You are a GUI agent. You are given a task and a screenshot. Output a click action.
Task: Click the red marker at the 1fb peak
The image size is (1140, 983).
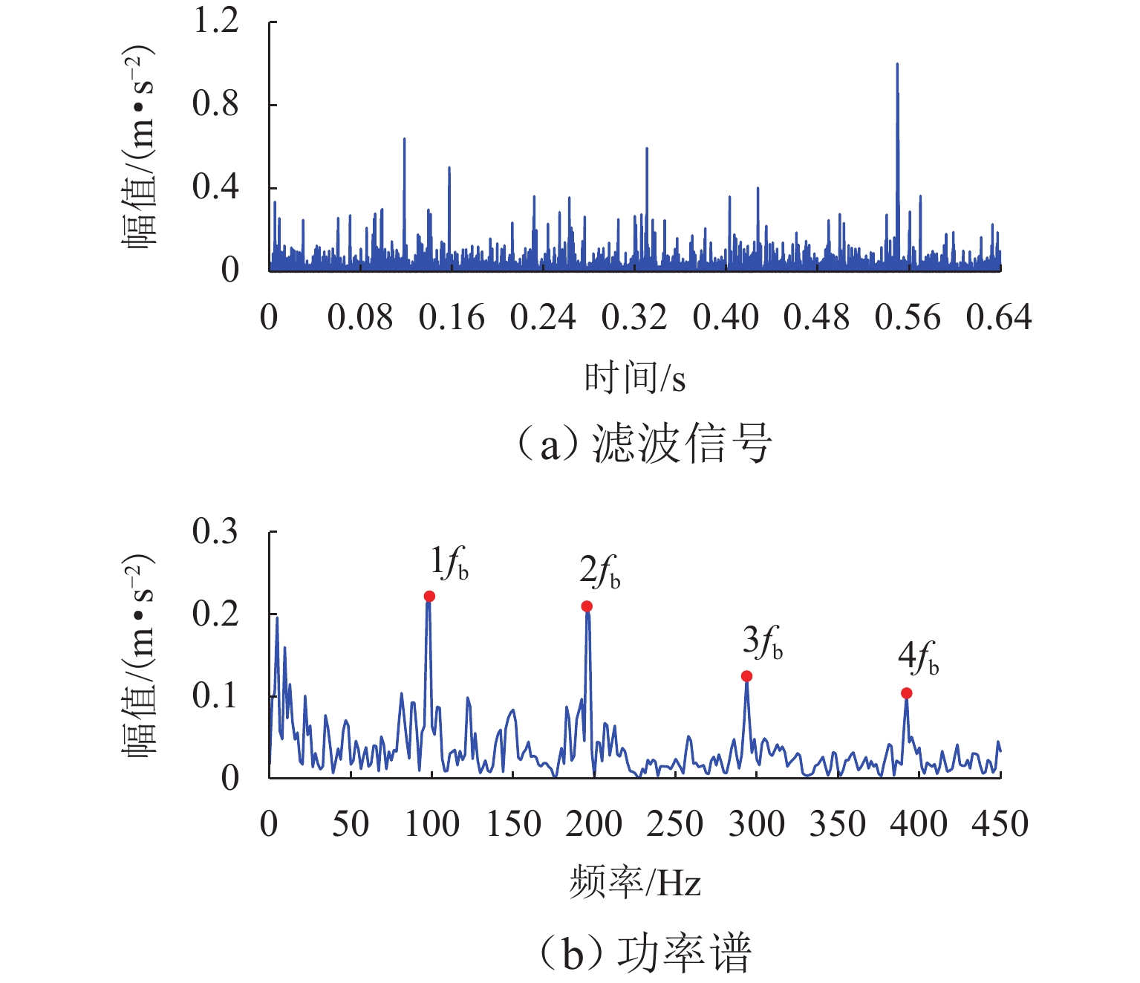click(429, 596)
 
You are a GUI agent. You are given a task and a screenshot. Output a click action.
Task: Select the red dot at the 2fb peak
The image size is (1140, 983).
click(587, 606)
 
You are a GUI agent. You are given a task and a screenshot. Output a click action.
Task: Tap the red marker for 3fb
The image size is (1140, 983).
click(746, 676)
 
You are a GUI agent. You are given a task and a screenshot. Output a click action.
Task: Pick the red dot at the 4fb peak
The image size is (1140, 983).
click(906, 693)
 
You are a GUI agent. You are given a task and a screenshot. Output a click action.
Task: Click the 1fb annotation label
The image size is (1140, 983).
click(449, 563)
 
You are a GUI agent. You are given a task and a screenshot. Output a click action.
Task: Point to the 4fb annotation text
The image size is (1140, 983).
click(918, 658)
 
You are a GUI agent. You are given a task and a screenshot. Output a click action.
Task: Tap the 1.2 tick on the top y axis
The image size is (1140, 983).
click(215, 21)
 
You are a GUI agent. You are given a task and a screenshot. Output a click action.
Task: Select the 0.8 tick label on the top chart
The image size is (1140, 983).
click(215, 104)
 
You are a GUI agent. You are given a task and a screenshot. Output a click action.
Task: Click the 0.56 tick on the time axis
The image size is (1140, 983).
click(908, 318)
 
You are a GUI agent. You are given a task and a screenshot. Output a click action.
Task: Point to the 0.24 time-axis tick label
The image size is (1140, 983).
click(543, 318)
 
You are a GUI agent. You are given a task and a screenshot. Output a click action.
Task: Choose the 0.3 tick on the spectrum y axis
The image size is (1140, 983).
click(215, 531)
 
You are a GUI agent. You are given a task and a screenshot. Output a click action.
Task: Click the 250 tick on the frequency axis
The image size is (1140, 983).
click(674, 824)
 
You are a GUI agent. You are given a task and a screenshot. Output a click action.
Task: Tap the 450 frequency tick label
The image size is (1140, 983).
click(1000, 824)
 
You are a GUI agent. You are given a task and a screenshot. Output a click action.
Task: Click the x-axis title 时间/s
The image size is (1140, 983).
click(634, 377)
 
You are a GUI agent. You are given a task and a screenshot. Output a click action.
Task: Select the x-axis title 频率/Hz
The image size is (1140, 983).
click(635, 883)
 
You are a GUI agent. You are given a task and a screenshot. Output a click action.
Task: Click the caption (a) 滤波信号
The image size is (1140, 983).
click(643, 444)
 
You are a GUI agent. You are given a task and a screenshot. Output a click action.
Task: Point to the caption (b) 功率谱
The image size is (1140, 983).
click(643, 953)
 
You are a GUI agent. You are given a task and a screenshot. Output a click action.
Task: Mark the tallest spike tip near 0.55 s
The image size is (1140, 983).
click(897, 65)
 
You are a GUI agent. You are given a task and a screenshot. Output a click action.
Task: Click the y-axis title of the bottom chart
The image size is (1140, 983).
click(139, 654)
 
